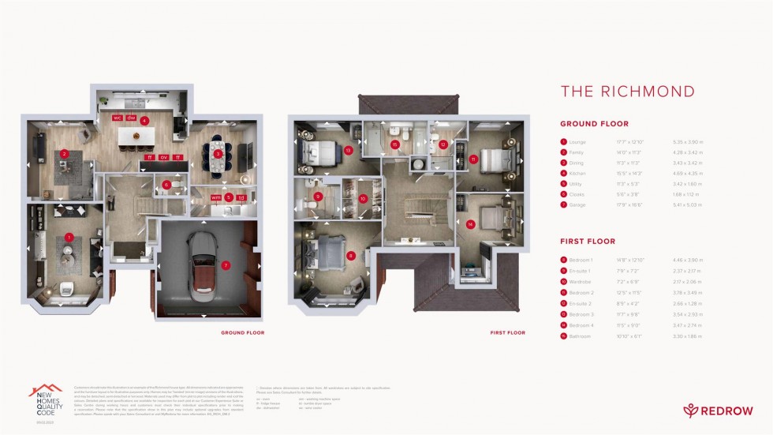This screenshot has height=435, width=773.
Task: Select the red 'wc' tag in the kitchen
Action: click(117, 118)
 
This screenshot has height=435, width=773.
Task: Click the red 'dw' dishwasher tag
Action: click(132, 118)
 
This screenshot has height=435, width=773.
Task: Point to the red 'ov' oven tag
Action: click(163, 157)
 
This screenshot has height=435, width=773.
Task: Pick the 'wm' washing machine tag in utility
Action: click(215, 197)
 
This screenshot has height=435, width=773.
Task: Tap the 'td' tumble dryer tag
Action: click(241, 197)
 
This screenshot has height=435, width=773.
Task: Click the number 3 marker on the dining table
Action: click(218, 153)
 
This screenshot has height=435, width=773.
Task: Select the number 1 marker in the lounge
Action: click(69, 237)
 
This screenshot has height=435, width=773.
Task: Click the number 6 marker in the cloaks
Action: click(166, 186)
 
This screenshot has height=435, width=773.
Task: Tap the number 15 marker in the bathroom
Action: click(395, 144)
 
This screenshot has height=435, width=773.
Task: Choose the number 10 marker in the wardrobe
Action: click(363, 199)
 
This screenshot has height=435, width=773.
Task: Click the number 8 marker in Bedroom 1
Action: click(350, 255)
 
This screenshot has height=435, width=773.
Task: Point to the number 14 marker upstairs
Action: click(471, 224)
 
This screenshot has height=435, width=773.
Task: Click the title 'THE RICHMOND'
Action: click(627, 92)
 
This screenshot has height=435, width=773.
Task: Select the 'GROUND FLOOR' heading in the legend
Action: click(594, 124)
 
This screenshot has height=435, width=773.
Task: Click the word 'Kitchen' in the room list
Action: click(577, 172)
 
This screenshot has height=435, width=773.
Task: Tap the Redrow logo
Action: click(719, 411)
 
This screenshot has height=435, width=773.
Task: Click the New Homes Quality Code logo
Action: click(45, 402)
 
